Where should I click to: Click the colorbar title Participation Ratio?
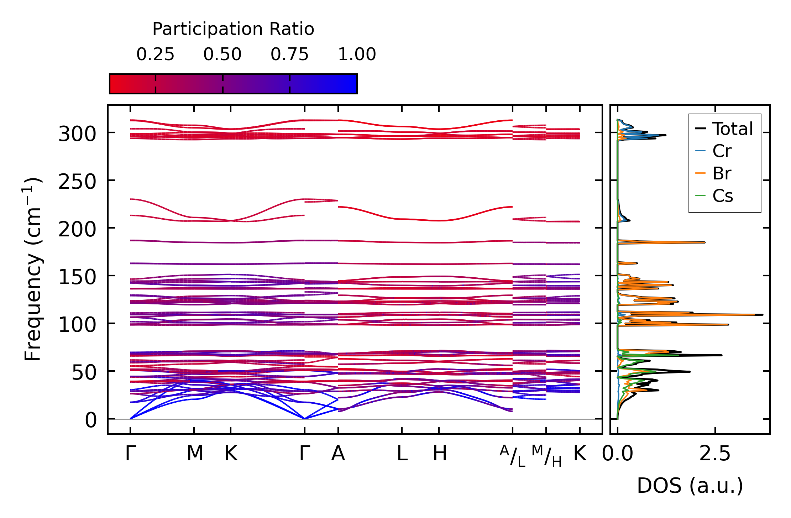[x=233, y=29]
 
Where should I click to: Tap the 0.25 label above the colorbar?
[x=155, y=54]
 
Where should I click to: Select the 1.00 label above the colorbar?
[x=357, y=54]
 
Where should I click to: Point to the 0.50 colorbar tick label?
[x=222, y=54]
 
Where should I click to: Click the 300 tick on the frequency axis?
[x=77, y=135]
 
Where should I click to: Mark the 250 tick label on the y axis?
[x=77, y=182]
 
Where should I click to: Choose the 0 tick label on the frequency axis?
[x=90, y=421]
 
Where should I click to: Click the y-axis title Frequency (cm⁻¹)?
[x=33, y=269]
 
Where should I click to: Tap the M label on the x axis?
[x=195, y=454]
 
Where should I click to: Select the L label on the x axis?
[x=402, y=454]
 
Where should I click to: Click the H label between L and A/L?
[x=440, y=454]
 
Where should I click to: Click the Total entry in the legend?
[x=732, y=129]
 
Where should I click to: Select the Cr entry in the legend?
[x=722, y=151]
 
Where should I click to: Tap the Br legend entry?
[x=722, y=174]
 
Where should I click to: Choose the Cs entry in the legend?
[x=722, y=196]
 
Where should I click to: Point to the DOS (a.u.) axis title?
[x=690, y=486]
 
